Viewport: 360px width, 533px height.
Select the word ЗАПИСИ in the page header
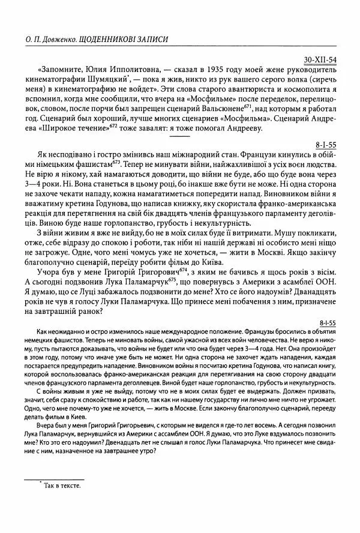148,39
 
